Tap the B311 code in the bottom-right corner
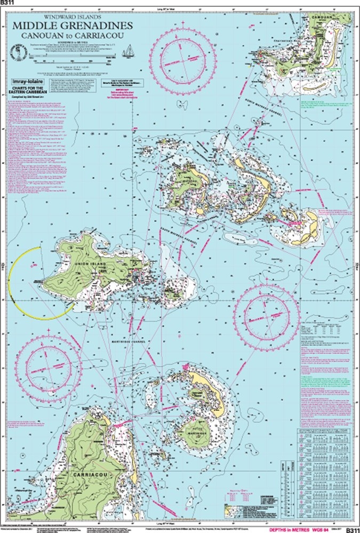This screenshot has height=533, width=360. tap(353, 529)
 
